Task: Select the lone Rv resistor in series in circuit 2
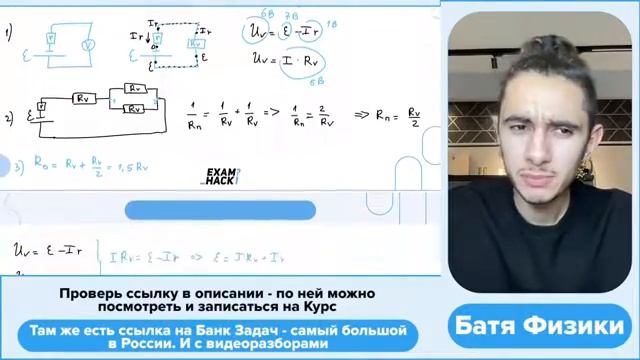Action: point(83,99)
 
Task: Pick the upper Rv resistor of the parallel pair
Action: point(136,89)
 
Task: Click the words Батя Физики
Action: point(539,325)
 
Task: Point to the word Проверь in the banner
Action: point(86,294)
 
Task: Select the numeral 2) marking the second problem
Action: point(8,117)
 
